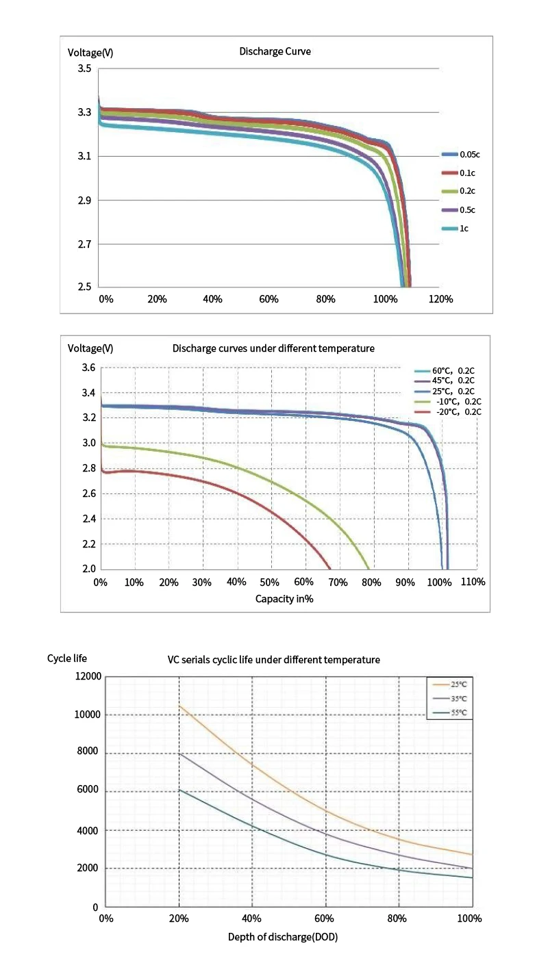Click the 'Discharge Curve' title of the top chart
click(275, 51)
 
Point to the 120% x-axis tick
click(440, 299)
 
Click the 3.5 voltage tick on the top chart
click(84, 69)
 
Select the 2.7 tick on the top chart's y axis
click(84, 244)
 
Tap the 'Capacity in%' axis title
click(284, 598)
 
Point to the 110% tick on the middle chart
click(473, 582)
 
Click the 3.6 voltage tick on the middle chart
click(88, 368)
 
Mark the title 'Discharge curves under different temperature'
click(273, 348)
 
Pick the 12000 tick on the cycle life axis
click(88, 677)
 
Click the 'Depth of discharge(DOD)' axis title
click(283, 937)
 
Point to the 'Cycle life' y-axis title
click(67, 658)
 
